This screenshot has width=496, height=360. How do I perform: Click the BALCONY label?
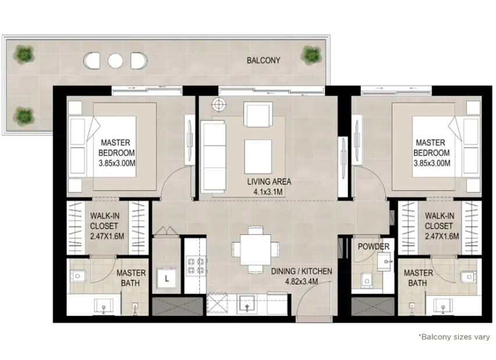(x=263, y=60)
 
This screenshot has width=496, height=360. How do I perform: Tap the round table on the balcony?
(x=115, y=60)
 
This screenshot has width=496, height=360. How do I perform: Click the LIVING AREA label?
(x=269, y=181)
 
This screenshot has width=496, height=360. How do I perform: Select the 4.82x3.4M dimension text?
(x=301, y=281)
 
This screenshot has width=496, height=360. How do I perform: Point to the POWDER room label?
(x=373, y=247)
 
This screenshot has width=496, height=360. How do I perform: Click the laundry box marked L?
(x=166, y=278)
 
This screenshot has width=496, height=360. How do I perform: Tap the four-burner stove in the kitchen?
(x=195, y=266)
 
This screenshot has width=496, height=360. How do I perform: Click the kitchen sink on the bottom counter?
(x=248, y=304)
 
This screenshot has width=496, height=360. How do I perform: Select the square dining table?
(x=255, y=249)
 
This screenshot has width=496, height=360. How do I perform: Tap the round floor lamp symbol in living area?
(x=219, y=104)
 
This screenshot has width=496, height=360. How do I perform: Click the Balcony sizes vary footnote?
(x=454, y=337)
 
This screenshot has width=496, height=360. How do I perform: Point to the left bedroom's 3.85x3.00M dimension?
(x=117, y=163)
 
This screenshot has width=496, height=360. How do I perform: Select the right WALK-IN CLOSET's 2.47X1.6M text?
(x=441, y=236)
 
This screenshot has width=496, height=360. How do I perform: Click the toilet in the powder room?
(x=367, y=279)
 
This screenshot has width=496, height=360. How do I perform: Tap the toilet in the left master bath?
(x=78, y=276)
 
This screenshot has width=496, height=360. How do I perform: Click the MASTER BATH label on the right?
(x=418, y=278)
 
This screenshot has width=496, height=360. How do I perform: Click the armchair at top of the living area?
(x=258, y=115)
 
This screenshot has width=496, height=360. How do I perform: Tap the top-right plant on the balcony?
(x=311, y=54)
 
